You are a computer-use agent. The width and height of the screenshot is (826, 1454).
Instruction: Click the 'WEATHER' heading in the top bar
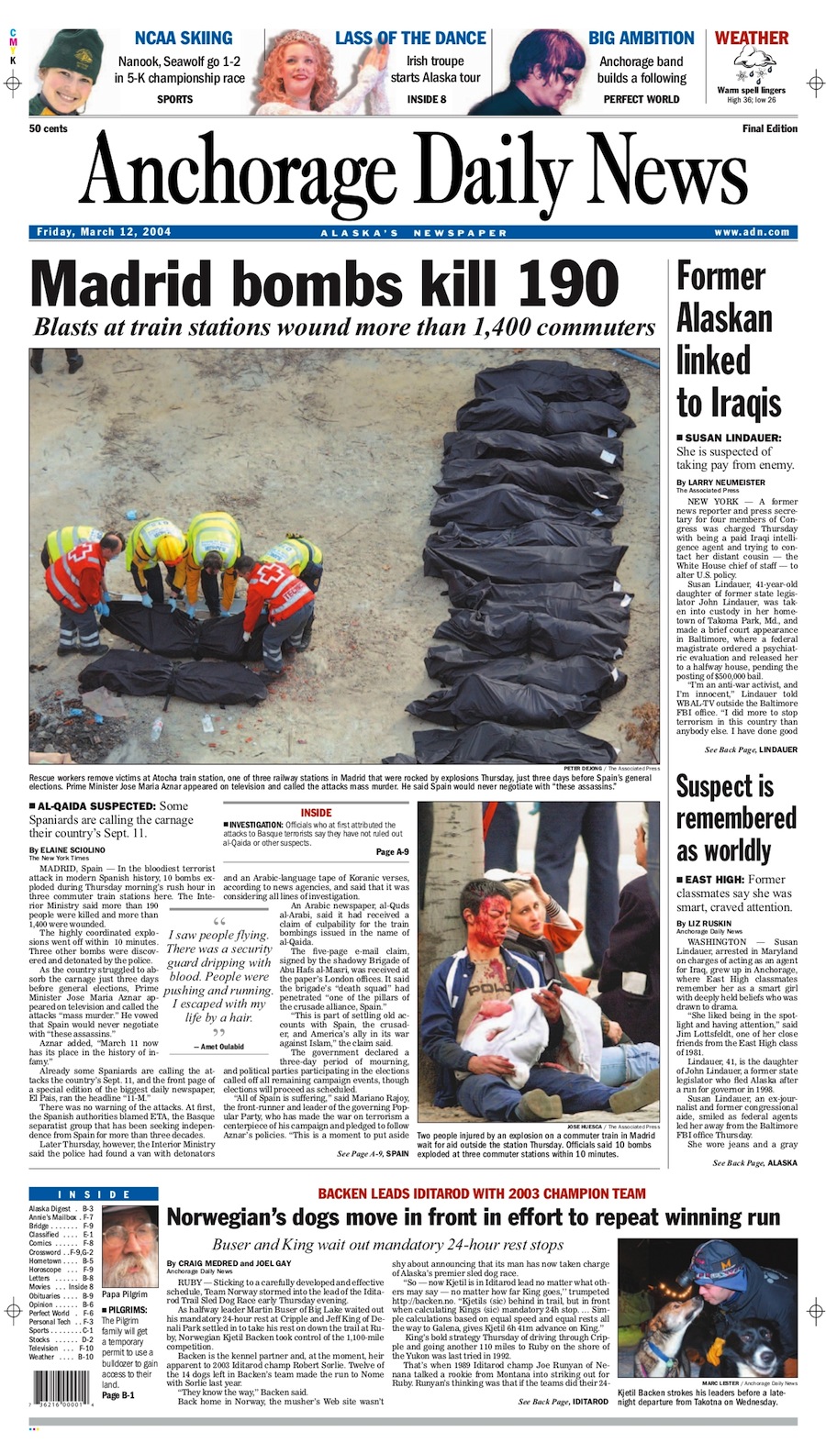(751, 38)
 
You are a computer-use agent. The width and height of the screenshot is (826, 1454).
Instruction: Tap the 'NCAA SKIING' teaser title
(183, 38)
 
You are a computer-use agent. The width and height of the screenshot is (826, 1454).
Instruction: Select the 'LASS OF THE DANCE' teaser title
(410, 38)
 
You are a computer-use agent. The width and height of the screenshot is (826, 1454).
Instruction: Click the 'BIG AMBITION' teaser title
(641, 38)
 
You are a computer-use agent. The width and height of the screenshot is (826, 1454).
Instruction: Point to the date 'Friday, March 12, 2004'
(103, 232)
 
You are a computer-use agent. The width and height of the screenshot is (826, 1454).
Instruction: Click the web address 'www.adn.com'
(752, 232)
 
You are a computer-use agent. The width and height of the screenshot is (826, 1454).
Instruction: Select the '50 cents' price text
(49, 128)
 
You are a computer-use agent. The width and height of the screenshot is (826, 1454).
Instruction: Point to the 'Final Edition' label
(769, 128)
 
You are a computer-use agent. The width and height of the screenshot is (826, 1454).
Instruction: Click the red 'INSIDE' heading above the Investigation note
(316, 813)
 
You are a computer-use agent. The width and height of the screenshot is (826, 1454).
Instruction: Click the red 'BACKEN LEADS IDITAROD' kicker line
(482, 1193)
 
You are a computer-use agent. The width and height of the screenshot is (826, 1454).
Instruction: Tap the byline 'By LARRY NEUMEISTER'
(720, 482)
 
